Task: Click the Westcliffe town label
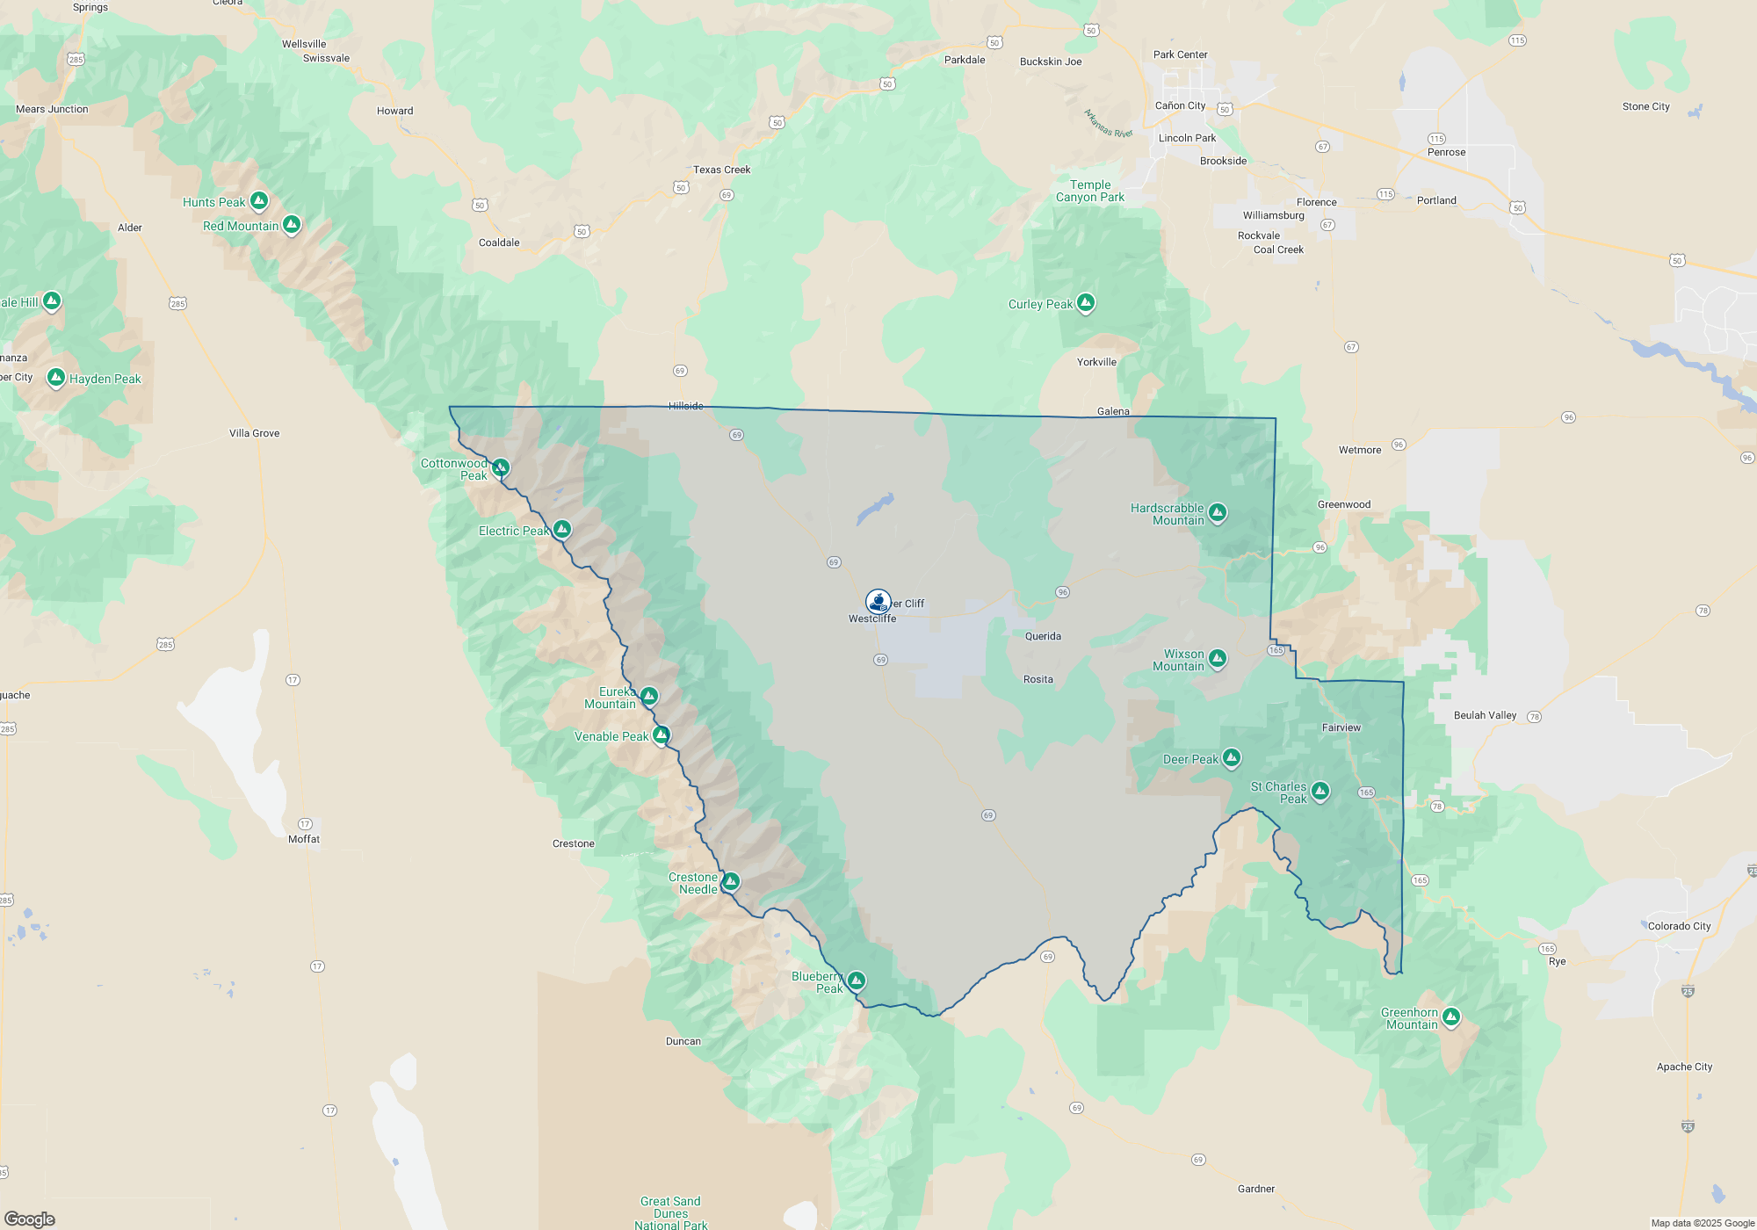872,619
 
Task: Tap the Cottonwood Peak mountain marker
501,467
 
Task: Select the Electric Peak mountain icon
562,529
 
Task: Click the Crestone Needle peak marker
730,881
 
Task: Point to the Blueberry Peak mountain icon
857,980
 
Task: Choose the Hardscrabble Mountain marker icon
1217,511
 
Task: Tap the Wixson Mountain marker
1217,657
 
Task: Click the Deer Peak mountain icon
1232,756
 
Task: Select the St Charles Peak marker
1320,791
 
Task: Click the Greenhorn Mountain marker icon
1451,1017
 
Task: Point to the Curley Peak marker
1086,302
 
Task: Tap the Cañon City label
1180,105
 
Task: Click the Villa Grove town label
254,433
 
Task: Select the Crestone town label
574,843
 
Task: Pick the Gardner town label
1256,1189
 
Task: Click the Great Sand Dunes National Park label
671,1213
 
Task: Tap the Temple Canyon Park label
1090,191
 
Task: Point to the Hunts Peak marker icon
259,200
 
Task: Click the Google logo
30,1219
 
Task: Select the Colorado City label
1680,926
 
